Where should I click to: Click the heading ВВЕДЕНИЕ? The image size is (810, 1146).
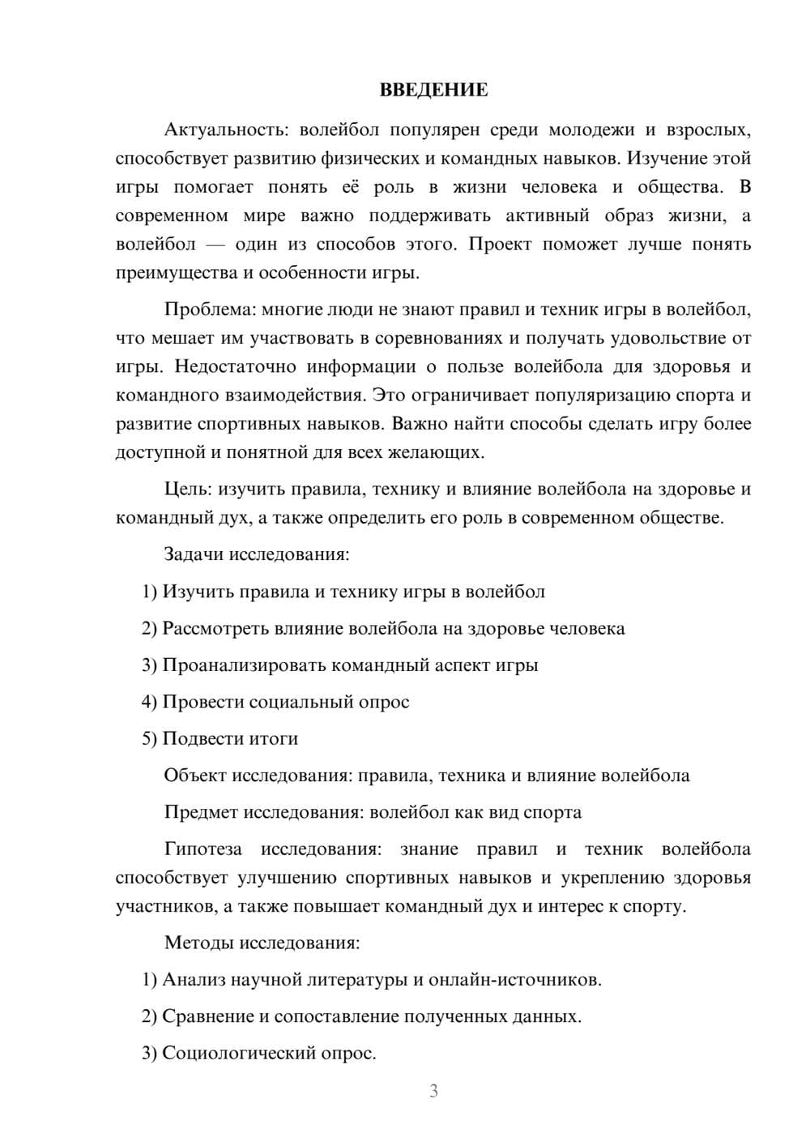433,90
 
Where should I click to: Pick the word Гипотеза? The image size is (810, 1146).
202,849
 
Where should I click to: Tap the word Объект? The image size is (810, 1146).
195,776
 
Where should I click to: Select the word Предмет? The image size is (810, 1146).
201,812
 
